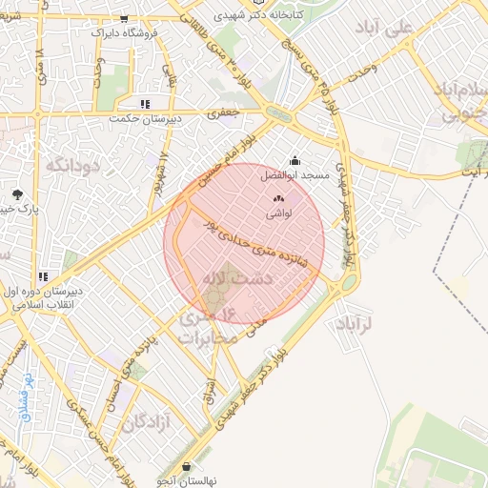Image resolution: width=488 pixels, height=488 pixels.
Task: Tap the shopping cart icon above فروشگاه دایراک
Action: tap(124, 18)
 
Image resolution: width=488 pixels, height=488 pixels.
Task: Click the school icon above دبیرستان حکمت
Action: tap(145, 104)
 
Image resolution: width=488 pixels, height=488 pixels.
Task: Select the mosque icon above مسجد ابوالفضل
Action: tap(294, 161)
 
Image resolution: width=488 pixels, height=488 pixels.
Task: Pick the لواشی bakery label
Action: tap(278, 215)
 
